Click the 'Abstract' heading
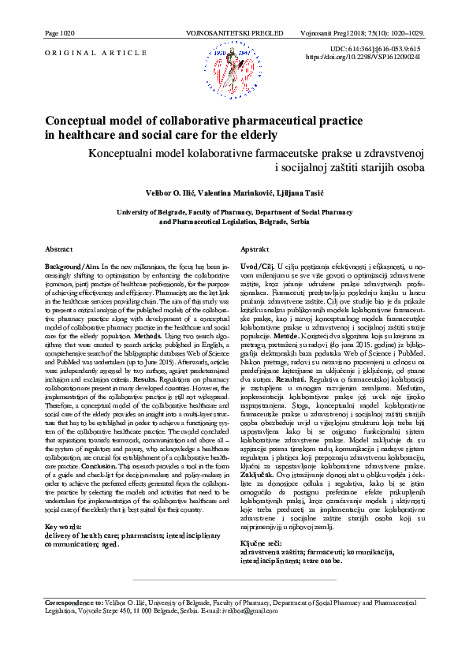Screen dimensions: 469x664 [x=59, y=248]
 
